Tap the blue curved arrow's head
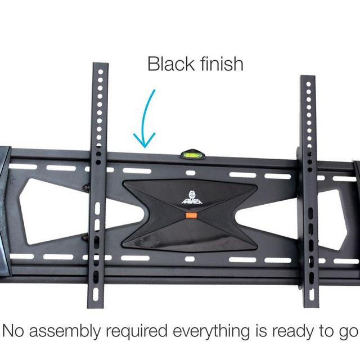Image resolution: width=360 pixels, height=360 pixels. click(x=144, y=141)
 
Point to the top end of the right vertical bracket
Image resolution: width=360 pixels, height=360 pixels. click(x=308, y=79)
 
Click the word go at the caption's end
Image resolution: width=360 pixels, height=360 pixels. click(x=348, y=332)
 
